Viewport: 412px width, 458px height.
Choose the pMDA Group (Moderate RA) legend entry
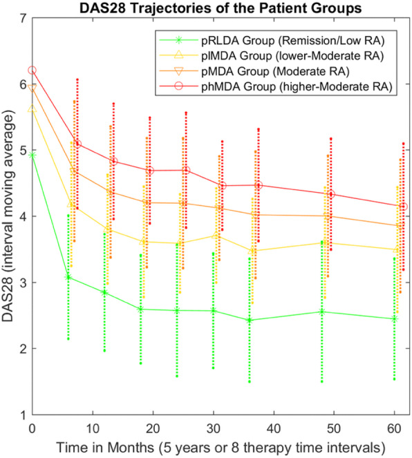click(265, 70)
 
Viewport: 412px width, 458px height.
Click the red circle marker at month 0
click(32, 70)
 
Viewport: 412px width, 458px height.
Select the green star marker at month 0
click(32, 155)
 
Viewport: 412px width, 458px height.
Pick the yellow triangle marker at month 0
click(32, 110)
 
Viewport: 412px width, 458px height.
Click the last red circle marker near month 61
click(403, 207)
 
